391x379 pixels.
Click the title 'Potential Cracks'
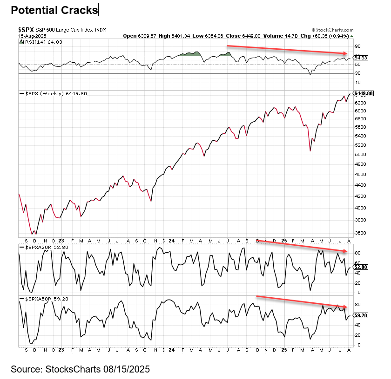(x=54, y=10)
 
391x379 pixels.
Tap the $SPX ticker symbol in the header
(x=26, y=30)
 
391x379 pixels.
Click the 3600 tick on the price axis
(x=360, y=233)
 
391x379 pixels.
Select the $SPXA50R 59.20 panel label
(x=44, y=299)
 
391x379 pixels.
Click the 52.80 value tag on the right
(x=361, y=267)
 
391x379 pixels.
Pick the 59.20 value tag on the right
(x=361, y=315)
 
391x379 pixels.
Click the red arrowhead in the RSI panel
(x=345, y=53)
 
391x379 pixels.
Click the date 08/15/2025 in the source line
(x=127, y=369)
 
